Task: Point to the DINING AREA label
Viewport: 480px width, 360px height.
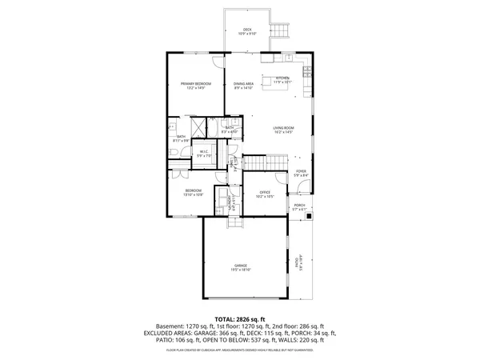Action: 243,86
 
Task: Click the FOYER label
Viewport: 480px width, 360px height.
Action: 301,173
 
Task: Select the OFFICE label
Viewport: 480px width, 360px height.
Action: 266,194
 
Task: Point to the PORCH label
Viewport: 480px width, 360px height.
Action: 299,207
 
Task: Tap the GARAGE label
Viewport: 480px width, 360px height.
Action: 241,267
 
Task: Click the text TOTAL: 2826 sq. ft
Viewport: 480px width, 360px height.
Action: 240,319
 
